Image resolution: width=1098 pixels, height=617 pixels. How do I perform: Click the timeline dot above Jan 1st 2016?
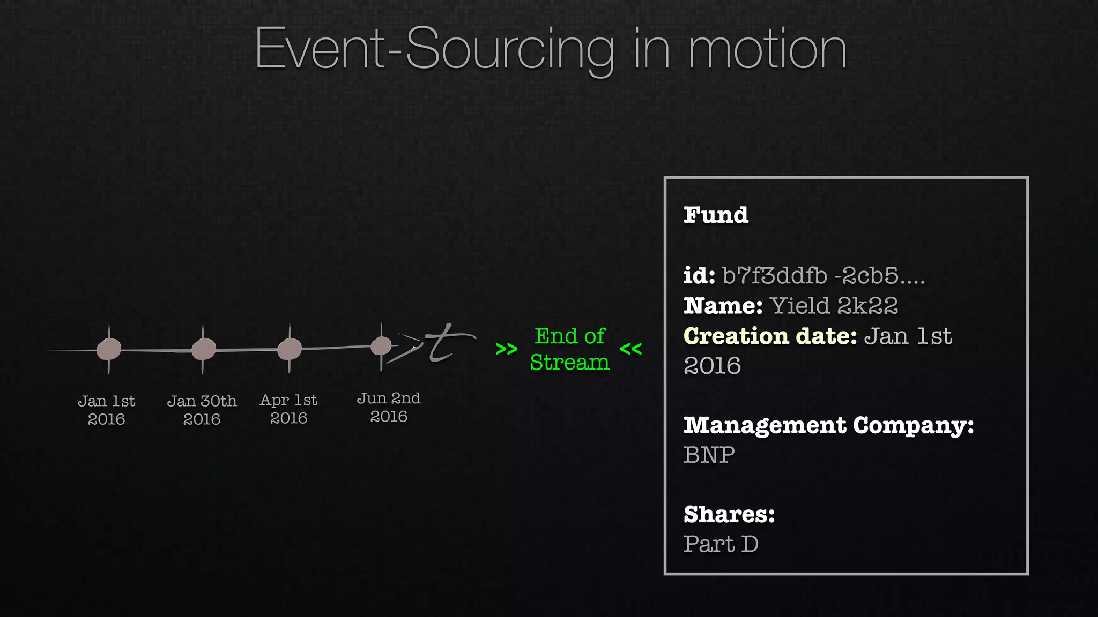(109, 349)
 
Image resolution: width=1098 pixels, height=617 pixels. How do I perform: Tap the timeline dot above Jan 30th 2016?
(204, 349)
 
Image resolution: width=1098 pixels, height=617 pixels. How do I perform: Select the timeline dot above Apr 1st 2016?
(290, 349)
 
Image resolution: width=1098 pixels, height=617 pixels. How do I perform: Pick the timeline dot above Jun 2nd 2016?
(381, 346)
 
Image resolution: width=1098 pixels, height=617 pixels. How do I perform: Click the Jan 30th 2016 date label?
(202, 410)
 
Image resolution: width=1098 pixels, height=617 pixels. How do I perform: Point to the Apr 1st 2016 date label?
(288, 409)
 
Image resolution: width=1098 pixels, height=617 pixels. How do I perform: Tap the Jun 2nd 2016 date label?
(389, 407)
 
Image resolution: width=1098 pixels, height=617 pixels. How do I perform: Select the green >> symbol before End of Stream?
(506, 349)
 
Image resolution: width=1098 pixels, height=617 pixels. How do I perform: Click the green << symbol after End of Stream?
(630, 349)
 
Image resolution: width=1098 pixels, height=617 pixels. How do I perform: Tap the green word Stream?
(569, 363)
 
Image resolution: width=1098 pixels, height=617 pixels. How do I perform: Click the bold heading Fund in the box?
(716, 215)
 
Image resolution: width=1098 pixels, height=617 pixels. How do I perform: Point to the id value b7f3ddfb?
(775, 276)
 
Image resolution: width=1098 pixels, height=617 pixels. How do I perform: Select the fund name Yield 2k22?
(834, 306)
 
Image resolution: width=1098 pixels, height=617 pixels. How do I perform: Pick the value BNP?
(709, 455)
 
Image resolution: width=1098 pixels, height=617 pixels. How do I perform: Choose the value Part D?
(721, 544)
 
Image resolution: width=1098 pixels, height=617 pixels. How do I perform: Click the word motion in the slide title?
(767, 49)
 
